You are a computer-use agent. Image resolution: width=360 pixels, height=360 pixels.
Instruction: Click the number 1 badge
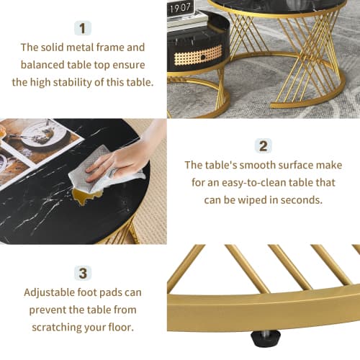click(83, 28)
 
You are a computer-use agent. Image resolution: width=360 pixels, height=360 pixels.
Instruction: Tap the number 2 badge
click(264, 146)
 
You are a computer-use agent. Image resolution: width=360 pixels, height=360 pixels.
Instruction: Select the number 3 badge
click(83, 273)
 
